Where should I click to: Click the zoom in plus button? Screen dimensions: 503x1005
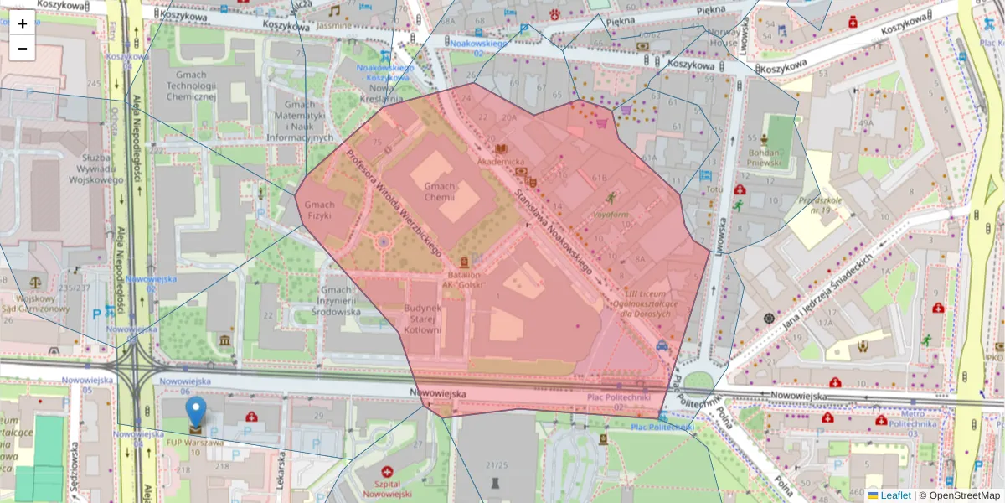pyautogui.click(x=23, y=23)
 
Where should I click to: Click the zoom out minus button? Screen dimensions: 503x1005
pyautogui.click(x=23, y=49)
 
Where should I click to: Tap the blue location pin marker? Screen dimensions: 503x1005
pyautogui.click(x=195, y=413)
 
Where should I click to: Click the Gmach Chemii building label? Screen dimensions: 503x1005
pyautogui.click(x=440, y=192)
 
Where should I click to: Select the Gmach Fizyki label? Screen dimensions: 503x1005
pyautogui.click(x=319, y=210)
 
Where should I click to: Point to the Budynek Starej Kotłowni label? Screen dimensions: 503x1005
pyautogui.click(x=422, y=319)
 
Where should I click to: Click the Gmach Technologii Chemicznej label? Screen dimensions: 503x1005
pyautogui.click(x=191, y=86)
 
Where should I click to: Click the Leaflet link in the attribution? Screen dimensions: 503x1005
pyautogui.click(x=895, y=495)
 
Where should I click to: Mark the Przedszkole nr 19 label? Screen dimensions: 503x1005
pyautogui.click(x=820, y=205)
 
